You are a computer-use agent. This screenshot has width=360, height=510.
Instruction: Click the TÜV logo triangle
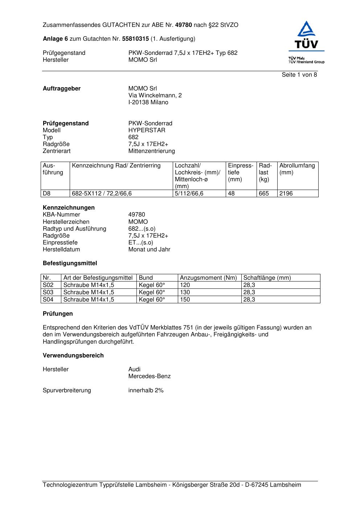click(307, 29)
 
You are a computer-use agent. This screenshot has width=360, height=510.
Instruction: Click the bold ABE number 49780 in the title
click(183, 25)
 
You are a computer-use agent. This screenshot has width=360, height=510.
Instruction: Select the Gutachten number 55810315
click(135, 39)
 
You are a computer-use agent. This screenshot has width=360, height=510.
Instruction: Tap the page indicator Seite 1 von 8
click(299, 75)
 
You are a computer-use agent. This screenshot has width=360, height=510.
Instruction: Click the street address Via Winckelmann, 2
click(155, 96)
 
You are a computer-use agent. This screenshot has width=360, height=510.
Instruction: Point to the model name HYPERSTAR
click(147, 130)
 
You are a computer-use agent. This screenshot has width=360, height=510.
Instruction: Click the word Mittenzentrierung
click(151, 151)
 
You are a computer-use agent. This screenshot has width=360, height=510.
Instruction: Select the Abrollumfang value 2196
click(286, 194)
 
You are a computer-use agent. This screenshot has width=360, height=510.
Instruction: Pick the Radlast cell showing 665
click(264, 194)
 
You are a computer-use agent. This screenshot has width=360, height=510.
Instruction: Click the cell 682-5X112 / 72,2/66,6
click(102, 194)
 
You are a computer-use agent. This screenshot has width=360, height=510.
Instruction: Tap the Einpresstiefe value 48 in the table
click(231, 194)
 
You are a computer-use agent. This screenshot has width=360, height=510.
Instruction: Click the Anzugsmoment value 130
click(185, 292)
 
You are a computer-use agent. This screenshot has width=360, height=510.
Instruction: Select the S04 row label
click(48, 300)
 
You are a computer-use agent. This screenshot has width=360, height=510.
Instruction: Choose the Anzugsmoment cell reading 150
click(185, 300)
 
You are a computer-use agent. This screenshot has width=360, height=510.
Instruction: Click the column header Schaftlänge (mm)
click(267, 278)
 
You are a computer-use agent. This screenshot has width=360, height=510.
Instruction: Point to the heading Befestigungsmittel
click(70, 263)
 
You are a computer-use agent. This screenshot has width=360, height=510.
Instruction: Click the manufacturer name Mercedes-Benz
click(149, 376)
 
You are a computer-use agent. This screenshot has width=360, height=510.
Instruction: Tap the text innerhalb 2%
click(146, 390)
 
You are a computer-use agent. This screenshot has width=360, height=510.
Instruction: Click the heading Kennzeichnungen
click(69, 208)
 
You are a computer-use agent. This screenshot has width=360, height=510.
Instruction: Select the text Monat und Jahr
click(149, 250)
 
